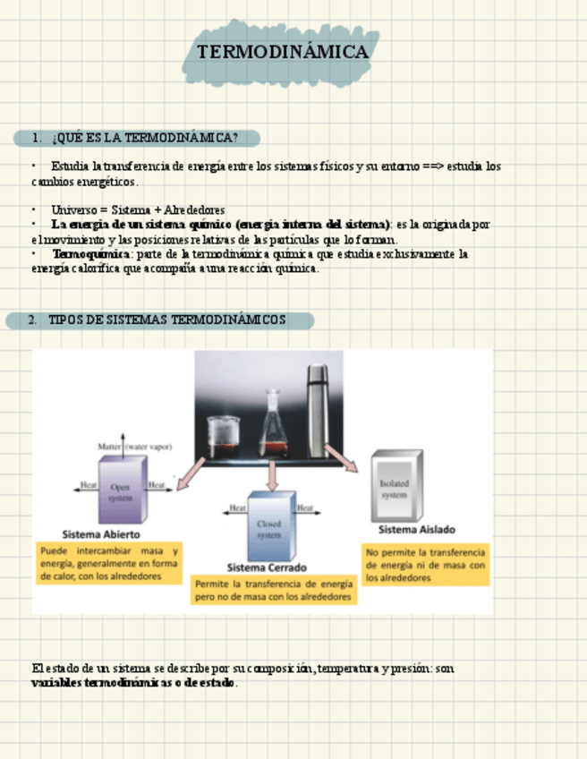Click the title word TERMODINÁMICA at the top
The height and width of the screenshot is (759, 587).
click(x=282, y=53)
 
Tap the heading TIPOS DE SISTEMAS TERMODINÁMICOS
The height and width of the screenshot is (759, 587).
click(x=167, y=320)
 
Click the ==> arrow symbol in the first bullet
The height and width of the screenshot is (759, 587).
click(x=430, y=166)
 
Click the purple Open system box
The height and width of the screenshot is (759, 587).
click(x=120, y=490)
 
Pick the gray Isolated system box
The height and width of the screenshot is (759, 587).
click(x=395, y=489)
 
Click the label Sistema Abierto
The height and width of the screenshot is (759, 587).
click(x=100, y=535)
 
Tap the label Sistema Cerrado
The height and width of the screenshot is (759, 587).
click(x=267, y=567)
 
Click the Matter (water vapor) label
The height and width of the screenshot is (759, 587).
click(x=134, y=446)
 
